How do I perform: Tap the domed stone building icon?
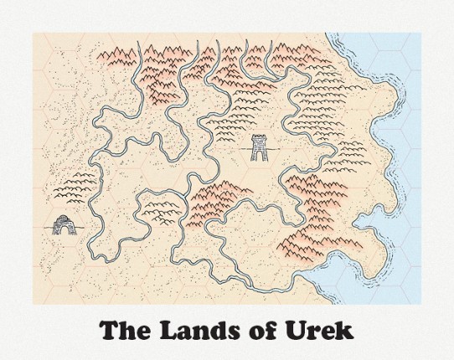[61, 224]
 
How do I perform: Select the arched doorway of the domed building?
[61, 228]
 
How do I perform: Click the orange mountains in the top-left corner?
[117, 57]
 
